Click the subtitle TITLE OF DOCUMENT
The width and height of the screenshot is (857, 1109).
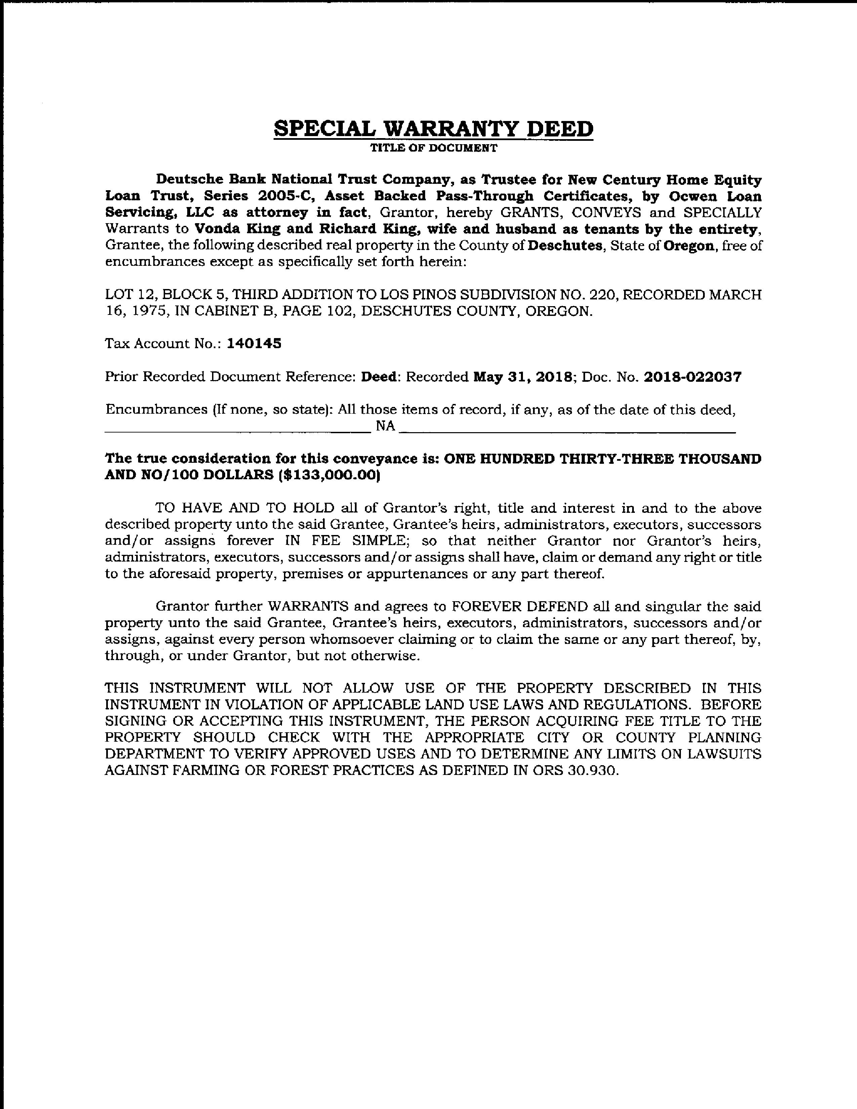[433, 148]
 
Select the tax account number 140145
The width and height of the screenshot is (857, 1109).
[254, 344]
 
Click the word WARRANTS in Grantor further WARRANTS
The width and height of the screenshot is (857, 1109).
[308, 607]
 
